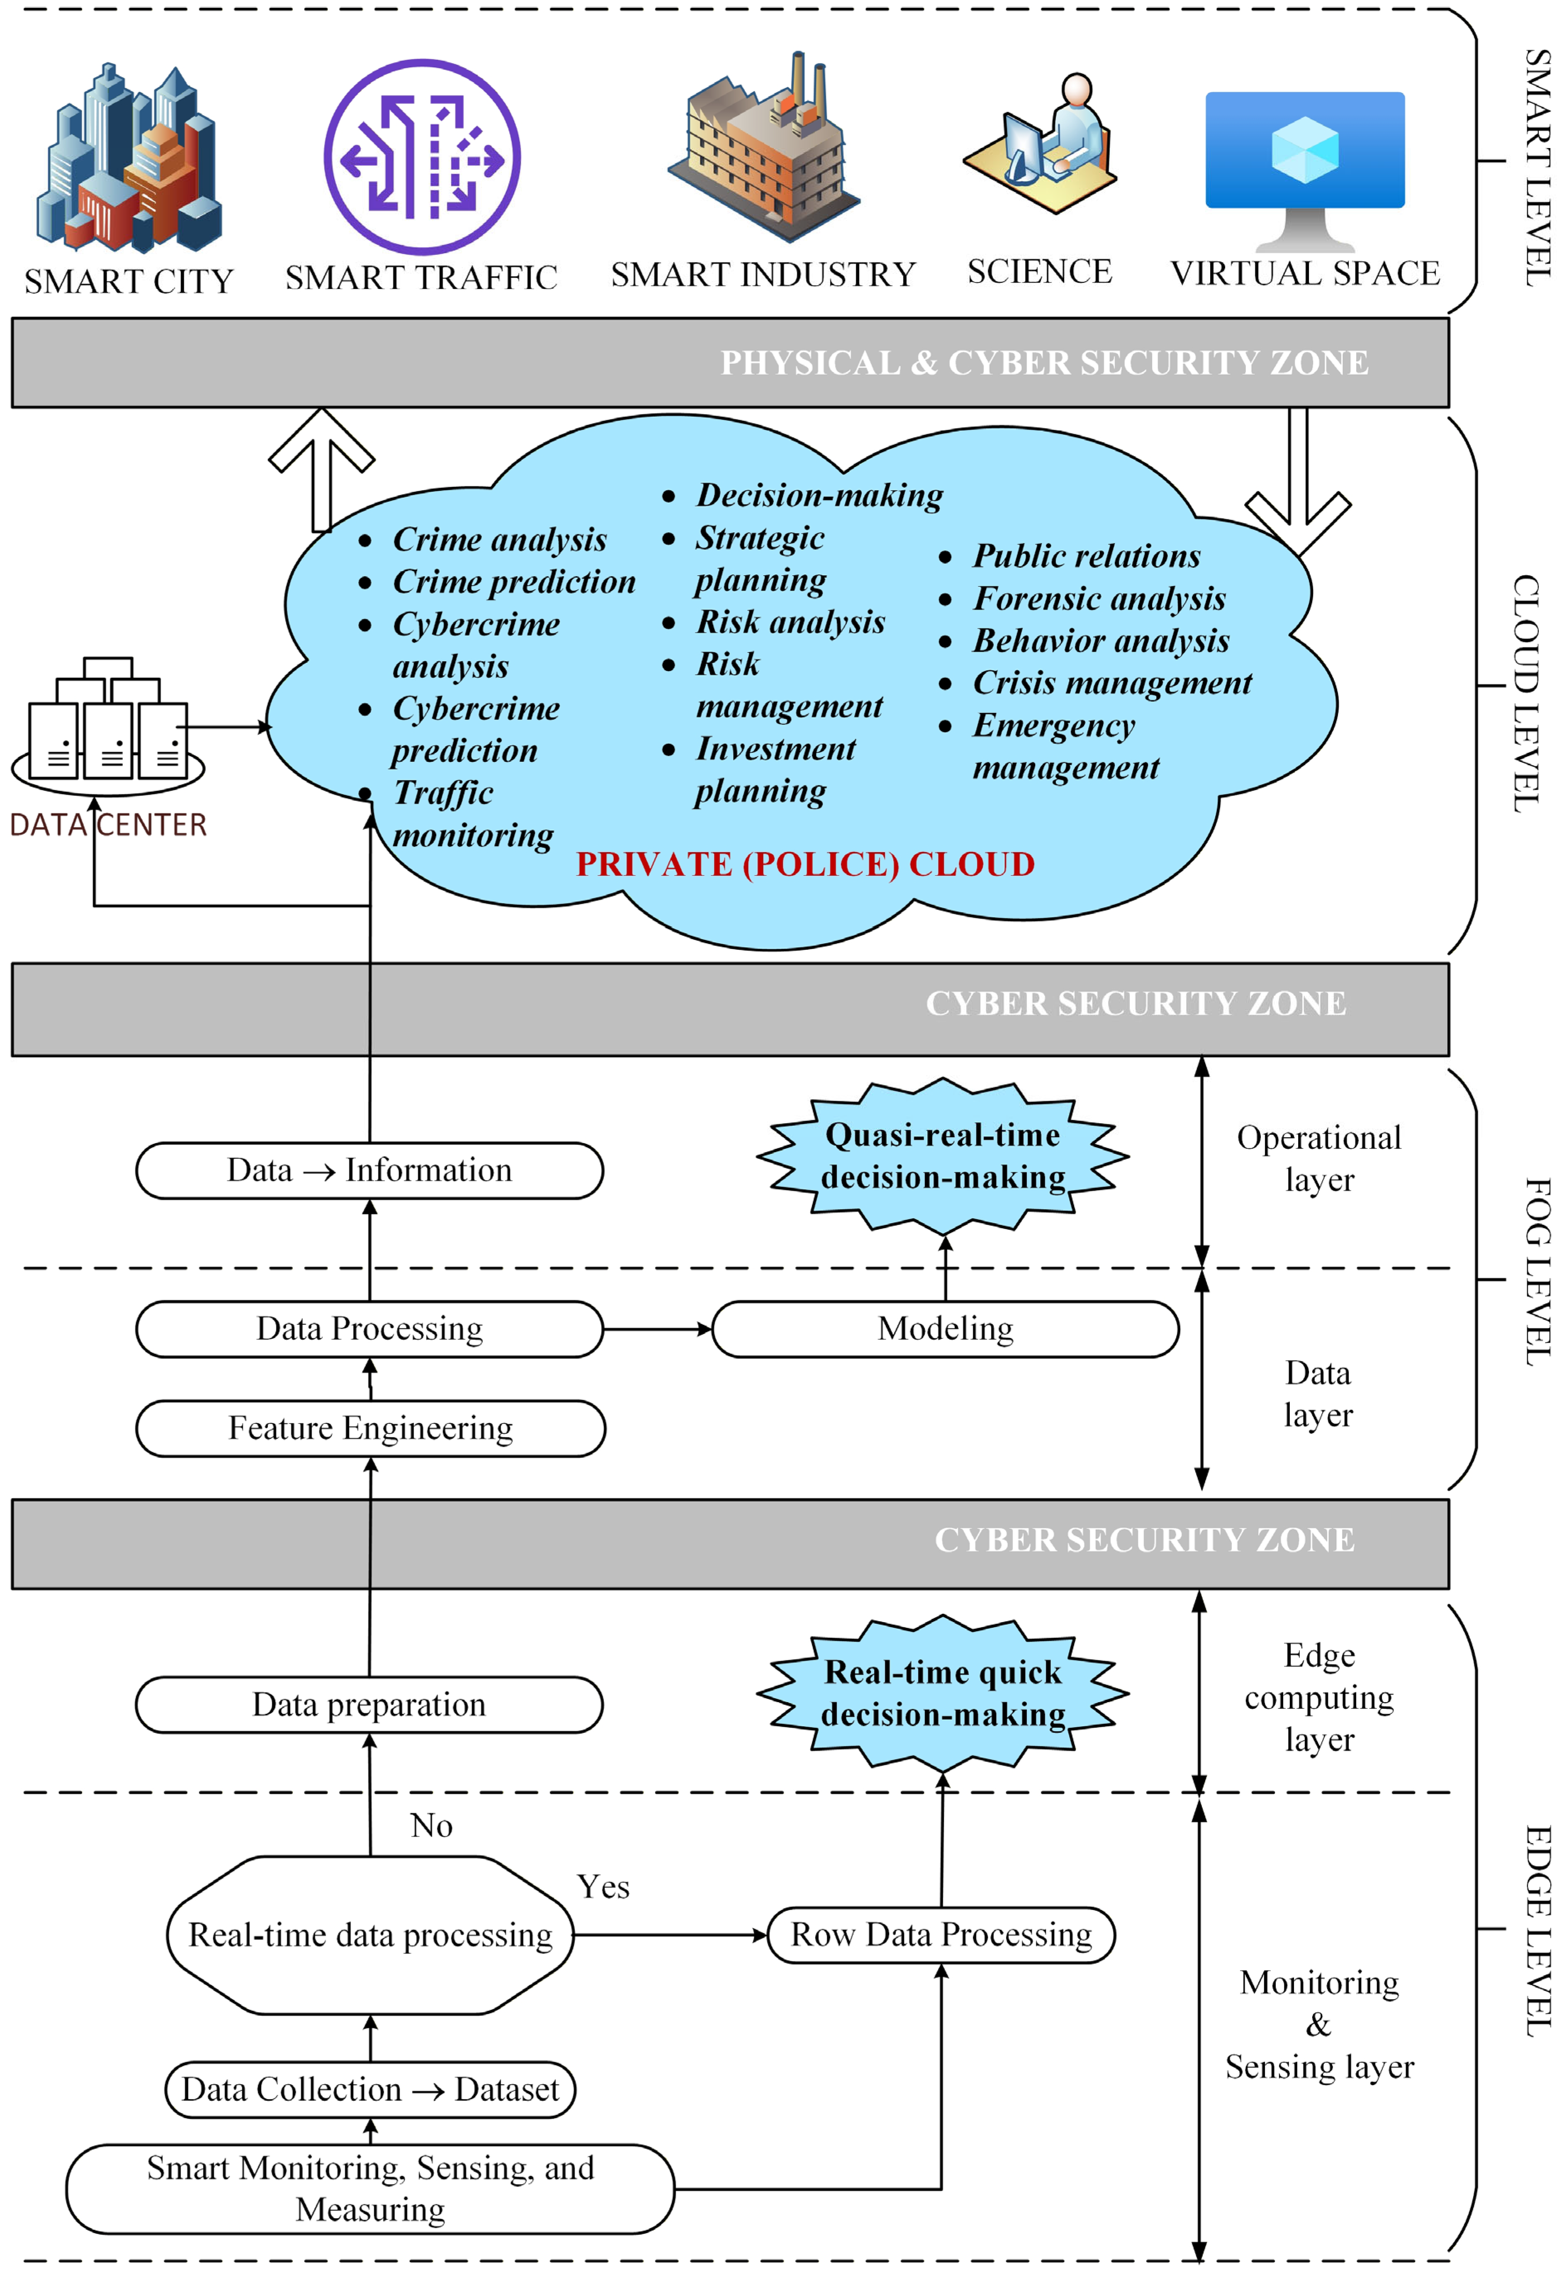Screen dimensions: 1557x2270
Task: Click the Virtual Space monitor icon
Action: point(1305,171)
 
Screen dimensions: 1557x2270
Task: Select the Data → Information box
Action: point(369,1170)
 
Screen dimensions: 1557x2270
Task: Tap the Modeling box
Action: point(945,1328)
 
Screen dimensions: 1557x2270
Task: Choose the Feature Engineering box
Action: point(370,1428)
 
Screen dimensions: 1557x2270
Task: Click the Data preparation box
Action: point(369,1704)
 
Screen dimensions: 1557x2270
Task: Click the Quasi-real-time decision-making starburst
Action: point(943,1156)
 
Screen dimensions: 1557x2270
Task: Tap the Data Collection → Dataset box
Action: point(370,2089)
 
